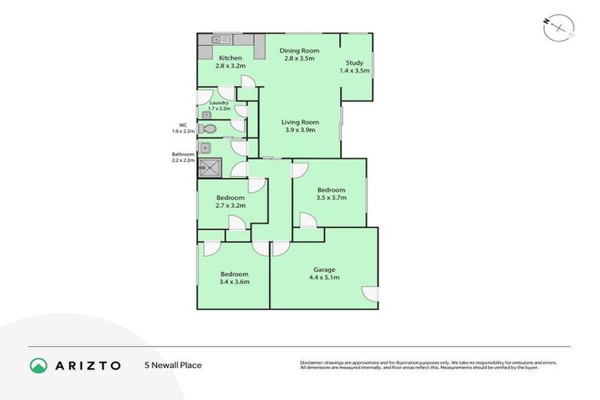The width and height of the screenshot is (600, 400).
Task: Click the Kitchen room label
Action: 230,58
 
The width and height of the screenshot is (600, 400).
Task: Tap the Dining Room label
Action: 297,51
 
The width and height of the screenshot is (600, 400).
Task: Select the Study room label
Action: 354,63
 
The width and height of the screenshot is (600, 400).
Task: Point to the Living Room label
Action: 300,122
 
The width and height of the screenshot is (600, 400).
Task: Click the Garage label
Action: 324,270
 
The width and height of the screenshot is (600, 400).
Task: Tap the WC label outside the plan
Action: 183,124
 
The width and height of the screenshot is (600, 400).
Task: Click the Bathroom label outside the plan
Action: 183,154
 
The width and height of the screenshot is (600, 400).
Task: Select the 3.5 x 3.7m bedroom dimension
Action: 330,198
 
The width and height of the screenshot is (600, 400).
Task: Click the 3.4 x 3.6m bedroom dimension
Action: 234,281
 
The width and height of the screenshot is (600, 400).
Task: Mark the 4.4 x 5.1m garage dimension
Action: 324,277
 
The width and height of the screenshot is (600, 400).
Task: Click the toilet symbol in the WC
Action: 207,129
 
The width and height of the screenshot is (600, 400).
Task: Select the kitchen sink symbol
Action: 220,39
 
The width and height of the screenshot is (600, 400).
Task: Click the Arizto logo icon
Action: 38,365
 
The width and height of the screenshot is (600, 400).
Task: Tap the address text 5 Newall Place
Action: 173,365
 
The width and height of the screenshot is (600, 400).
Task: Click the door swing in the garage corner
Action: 370,294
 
